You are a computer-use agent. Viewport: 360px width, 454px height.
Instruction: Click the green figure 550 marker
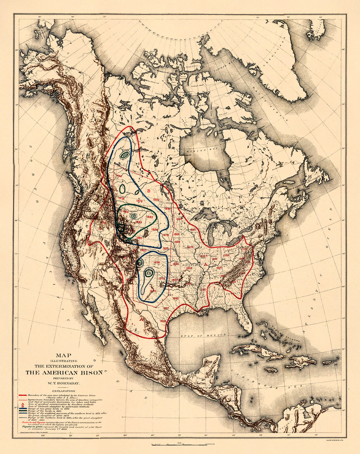tap(124, 155)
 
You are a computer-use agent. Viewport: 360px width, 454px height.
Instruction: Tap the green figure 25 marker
tap(149, 272)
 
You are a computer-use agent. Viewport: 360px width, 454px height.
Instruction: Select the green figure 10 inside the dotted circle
tap(134, 216)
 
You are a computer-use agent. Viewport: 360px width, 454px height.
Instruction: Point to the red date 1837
tap(166, 308)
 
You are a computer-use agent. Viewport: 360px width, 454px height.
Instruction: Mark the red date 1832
tap(193, 230)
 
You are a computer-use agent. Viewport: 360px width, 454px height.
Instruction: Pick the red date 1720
tap(203, 289)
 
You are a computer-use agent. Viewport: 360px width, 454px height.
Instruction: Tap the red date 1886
tap(155, 229)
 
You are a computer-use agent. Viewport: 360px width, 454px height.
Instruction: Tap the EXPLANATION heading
tap(66, 391)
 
